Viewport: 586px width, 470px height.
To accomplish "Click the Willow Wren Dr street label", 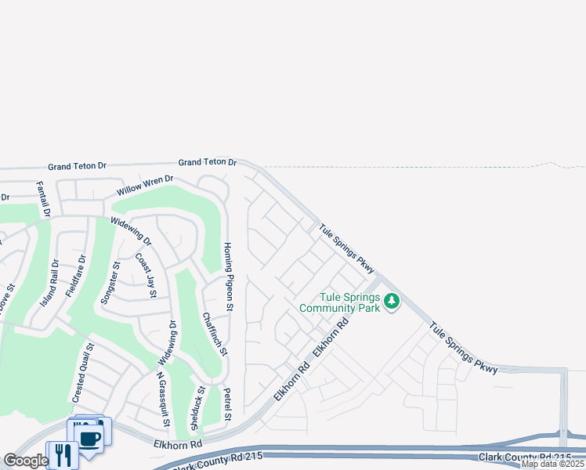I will [x=145, y=186].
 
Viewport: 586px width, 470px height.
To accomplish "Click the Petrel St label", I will [x=227, y=404].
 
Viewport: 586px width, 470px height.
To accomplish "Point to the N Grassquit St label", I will [x=163, y=399].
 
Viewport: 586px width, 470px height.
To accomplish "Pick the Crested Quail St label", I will [x=82, y=373].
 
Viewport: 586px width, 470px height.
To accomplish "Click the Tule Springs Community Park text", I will [x=349, y=302].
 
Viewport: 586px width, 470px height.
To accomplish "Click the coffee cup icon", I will [x=90, y=436].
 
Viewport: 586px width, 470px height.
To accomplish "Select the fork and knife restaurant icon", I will [x=63, y=454].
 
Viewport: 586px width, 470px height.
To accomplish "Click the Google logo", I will [x=25, y=461].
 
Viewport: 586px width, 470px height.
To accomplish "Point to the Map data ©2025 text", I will [x=553, y=464].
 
